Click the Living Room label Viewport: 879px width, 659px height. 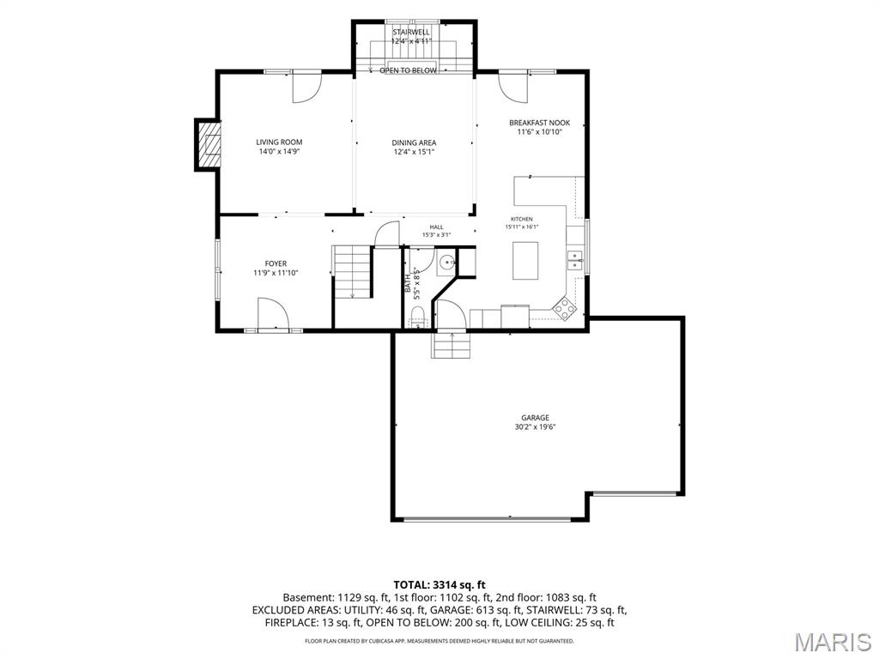pos(279,142)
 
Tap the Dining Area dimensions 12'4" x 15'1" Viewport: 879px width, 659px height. pos(414,152)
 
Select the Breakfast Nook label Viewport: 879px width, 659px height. pos(539,123)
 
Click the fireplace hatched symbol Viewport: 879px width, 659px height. pos(208,144)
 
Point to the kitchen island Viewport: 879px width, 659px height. pos(525,261)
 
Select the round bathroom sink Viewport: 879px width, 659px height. pos(446,262)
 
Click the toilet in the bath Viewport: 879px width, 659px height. pos(419,323)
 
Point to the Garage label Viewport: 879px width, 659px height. pos(536,418)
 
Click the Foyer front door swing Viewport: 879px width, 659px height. pos(273,313)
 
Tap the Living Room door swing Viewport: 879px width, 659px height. pos(306,88)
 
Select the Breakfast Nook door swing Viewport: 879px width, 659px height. pos(513,88)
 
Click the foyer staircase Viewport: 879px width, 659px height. pos(352,272)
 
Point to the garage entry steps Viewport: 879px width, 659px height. pos(449,345)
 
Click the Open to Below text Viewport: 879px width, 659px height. pos(408,70)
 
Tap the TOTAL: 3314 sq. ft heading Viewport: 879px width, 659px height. pos(439,585)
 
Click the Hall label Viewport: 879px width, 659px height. pos(436,227)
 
